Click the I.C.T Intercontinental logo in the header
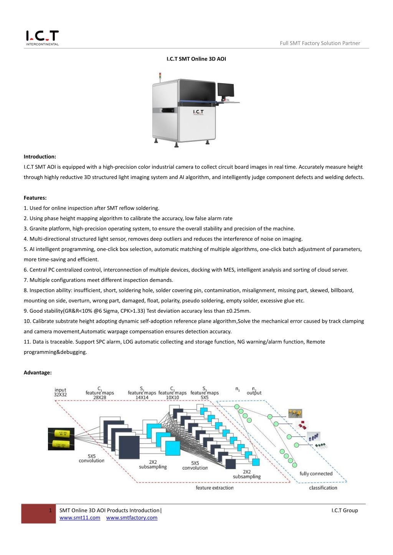tap(43, 38)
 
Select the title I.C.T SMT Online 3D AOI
tap(196, 59)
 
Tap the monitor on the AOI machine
tap(226, 90)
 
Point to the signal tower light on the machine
tap(160, 76)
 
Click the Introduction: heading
tap(40, 157)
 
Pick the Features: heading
tap(35, 198)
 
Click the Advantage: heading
tap(38, 373)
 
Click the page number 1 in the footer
tap(50, 510)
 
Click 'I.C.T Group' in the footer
tap(345, 511)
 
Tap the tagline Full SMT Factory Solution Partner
tap(320, 43)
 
